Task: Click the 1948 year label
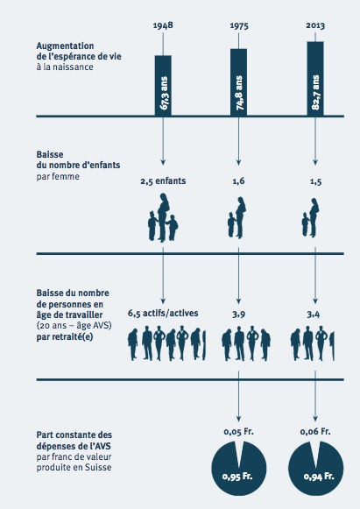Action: coord(163,25)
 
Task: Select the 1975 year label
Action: coord(239,25)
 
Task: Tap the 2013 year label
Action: coord(315,25)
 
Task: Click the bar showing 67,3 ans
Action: coord(163,85)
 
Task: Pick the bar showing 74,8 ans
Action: coord(238,82)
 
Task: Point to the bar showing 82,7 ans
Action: coord(315,79)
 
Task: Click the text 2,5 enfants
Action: coord(163,180)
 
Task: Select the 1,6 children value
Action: coord(238,181)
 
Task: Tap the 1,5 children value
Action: coord(315,181)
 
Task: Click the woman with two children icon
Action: coord(163,217)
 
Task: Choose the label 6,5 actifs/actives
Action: coord(163,314)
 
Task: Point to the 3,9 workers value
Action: coord(238,314)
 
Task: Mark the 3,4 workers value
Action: coord(314,314)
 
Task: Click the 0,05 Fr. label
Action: coord(238,431)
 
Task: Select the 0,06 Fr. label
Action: coord(315,431)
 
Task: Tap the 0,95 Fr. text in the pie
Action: coord(237,477)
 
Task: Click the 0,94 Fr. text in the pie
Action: coord(319,477)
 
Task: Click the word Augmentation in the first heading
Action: coord(65,46)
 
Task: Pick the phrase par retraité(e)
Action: coord(65,337)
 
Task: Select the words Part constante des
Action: coord(74,435)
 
